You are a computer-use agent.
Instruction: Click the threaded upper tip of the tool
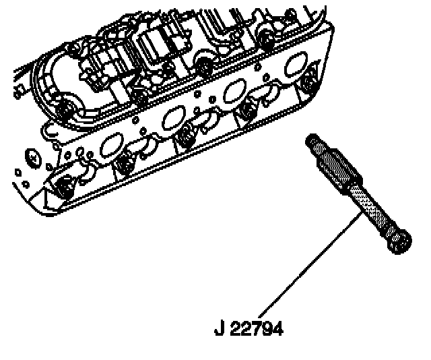[x=312, y=141]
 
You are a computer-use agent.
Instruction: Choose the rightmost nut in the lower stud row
[x=310, y=83]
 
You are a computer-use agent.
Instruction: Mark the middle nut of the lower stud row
[x=185, y=137]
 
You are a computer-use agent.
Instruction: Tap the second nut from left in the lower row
[x=124, y=162]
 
